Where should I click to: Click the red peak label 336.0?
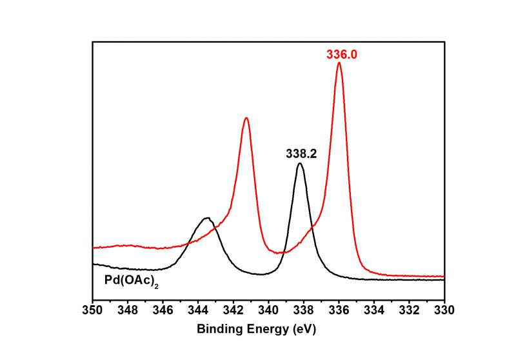click(342, 55)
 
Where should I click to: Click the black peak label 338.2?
click(302, 154)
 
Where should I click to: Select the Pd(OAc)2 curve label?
click(132, 281)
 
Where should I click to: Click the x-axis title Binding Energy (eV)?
click(257, 328)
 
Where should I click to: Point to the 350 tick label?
click(93, 310)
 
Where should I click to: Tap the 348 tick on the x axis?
click(128, 310)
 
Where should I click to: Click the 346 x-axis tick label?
click(163, 310)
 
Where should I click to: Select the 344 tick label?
click(198, 310)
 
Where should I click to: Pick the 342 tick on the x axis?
click(233, 310)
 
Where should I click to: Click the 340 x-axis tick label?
click(268, 310)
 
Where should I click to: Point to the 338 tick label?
click(304, 310)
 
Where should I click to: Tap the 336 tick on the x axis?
click(339, 310)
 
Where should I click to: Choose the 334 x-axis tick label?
click(374, 310)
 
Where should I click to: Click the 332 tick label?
click(410, 310)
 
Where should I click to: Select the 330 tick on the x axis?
click(444, 310)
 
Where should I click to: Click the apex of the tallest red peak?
click(339, 63)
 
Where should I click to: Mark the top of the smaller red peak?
click(246, 118)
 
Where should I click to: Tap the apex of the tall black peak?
click(300, 163)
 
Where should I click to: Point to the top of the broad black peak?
click(206, 218)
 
